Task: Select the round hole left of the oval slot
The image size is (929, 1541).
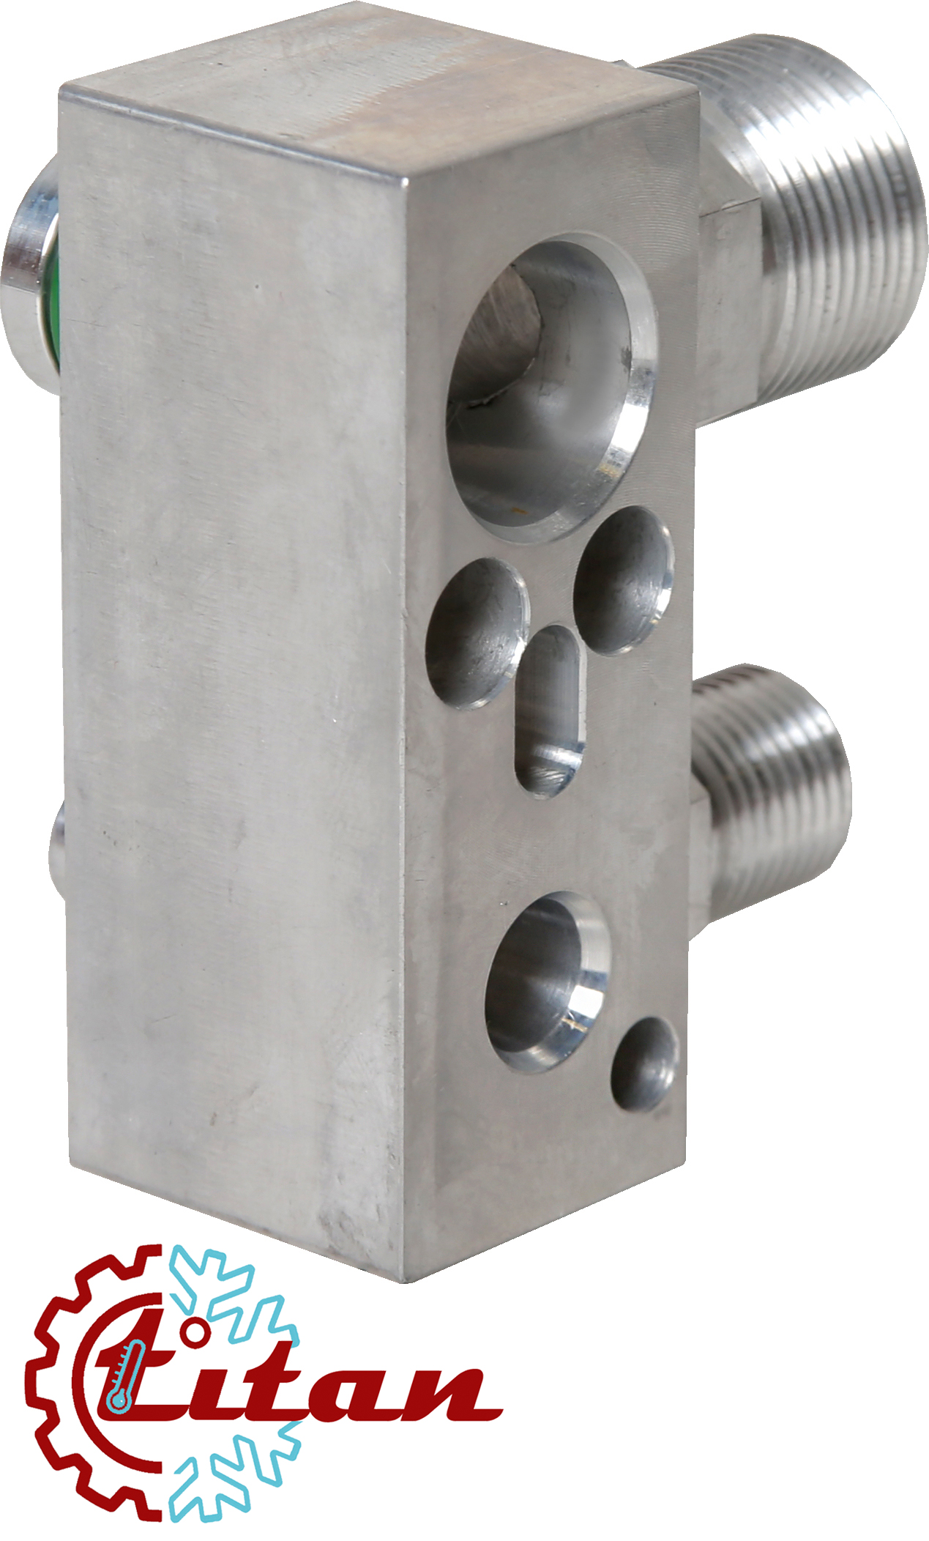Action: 478,634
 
